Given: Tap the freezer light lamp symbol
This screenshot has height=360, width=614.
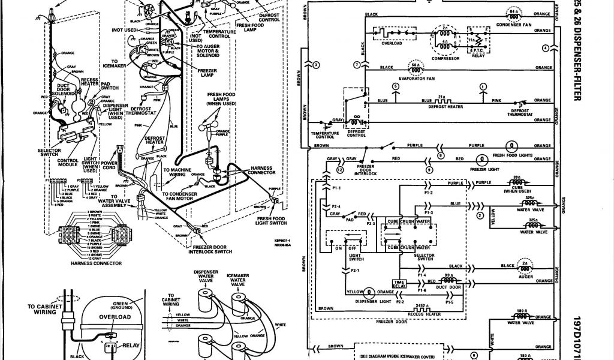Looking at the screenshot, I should point(480,159).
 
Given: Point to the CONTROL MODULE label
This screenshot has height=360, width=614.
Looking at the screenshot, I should point(67,163).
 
